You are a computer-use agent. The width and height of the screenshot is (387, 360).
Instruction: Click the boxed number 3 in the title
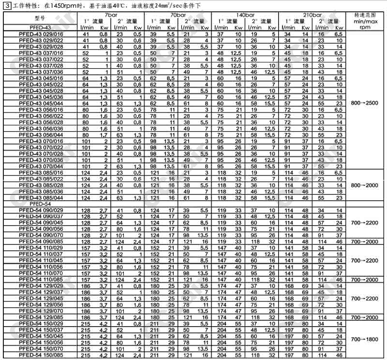tap(6, 4)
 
